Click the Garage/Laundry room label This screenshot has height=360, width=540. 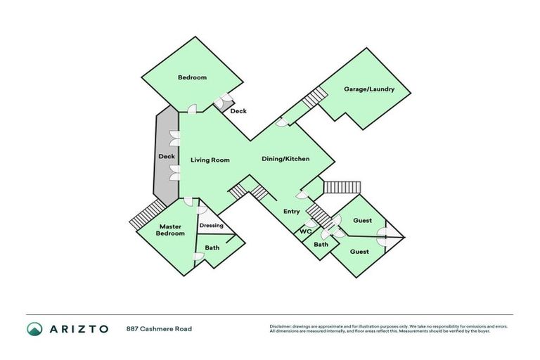[368, 89]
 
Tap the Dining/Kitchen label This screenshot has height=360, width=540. [285, 159]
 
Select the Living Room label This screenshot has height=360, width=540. [210, 160]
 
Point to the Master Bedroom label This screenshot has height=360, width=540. [171, 229]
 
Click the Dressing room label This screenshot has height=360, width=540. [212, 226]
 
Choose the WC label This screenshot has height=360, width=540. [305, 231]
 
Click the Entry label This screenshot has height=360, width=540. [291, 212]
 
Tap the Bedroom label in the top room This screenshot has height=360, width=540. [192, 77]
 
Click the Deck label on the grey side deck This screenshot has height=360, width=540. [167, 156]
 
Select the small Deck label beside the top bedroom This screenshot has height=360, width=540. [238, 111]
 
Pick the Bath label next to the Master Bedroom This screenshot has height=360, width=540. [212, 247]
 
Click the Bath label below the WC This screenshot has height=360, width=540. [321, 245]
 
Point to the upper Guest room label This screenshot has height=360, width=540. [362, 221]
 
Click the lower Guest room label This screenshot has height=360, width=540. [359, 252]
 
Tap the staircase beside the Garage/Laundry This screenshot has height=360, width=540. [316, 98]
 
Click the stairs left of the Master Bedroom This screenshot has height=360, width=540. [146, 214]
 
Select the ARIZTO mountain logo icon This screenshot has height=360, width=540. [34, 328]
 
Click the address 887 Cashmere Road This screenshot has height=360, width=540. [159, 328]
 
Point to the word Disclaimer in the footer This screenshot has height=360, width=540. [285, 326]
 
